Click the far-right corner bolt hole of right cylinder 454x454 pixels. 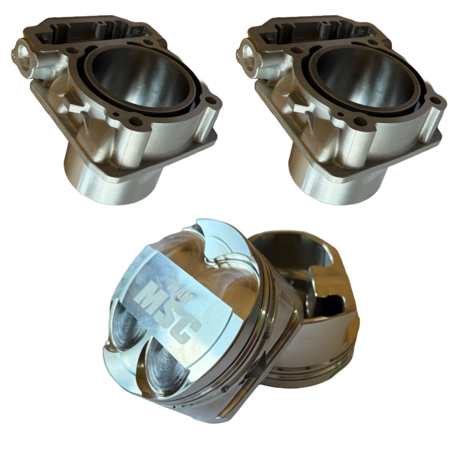coord(440,101)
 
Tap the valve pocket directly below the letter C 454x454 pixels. coord(168,362)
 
